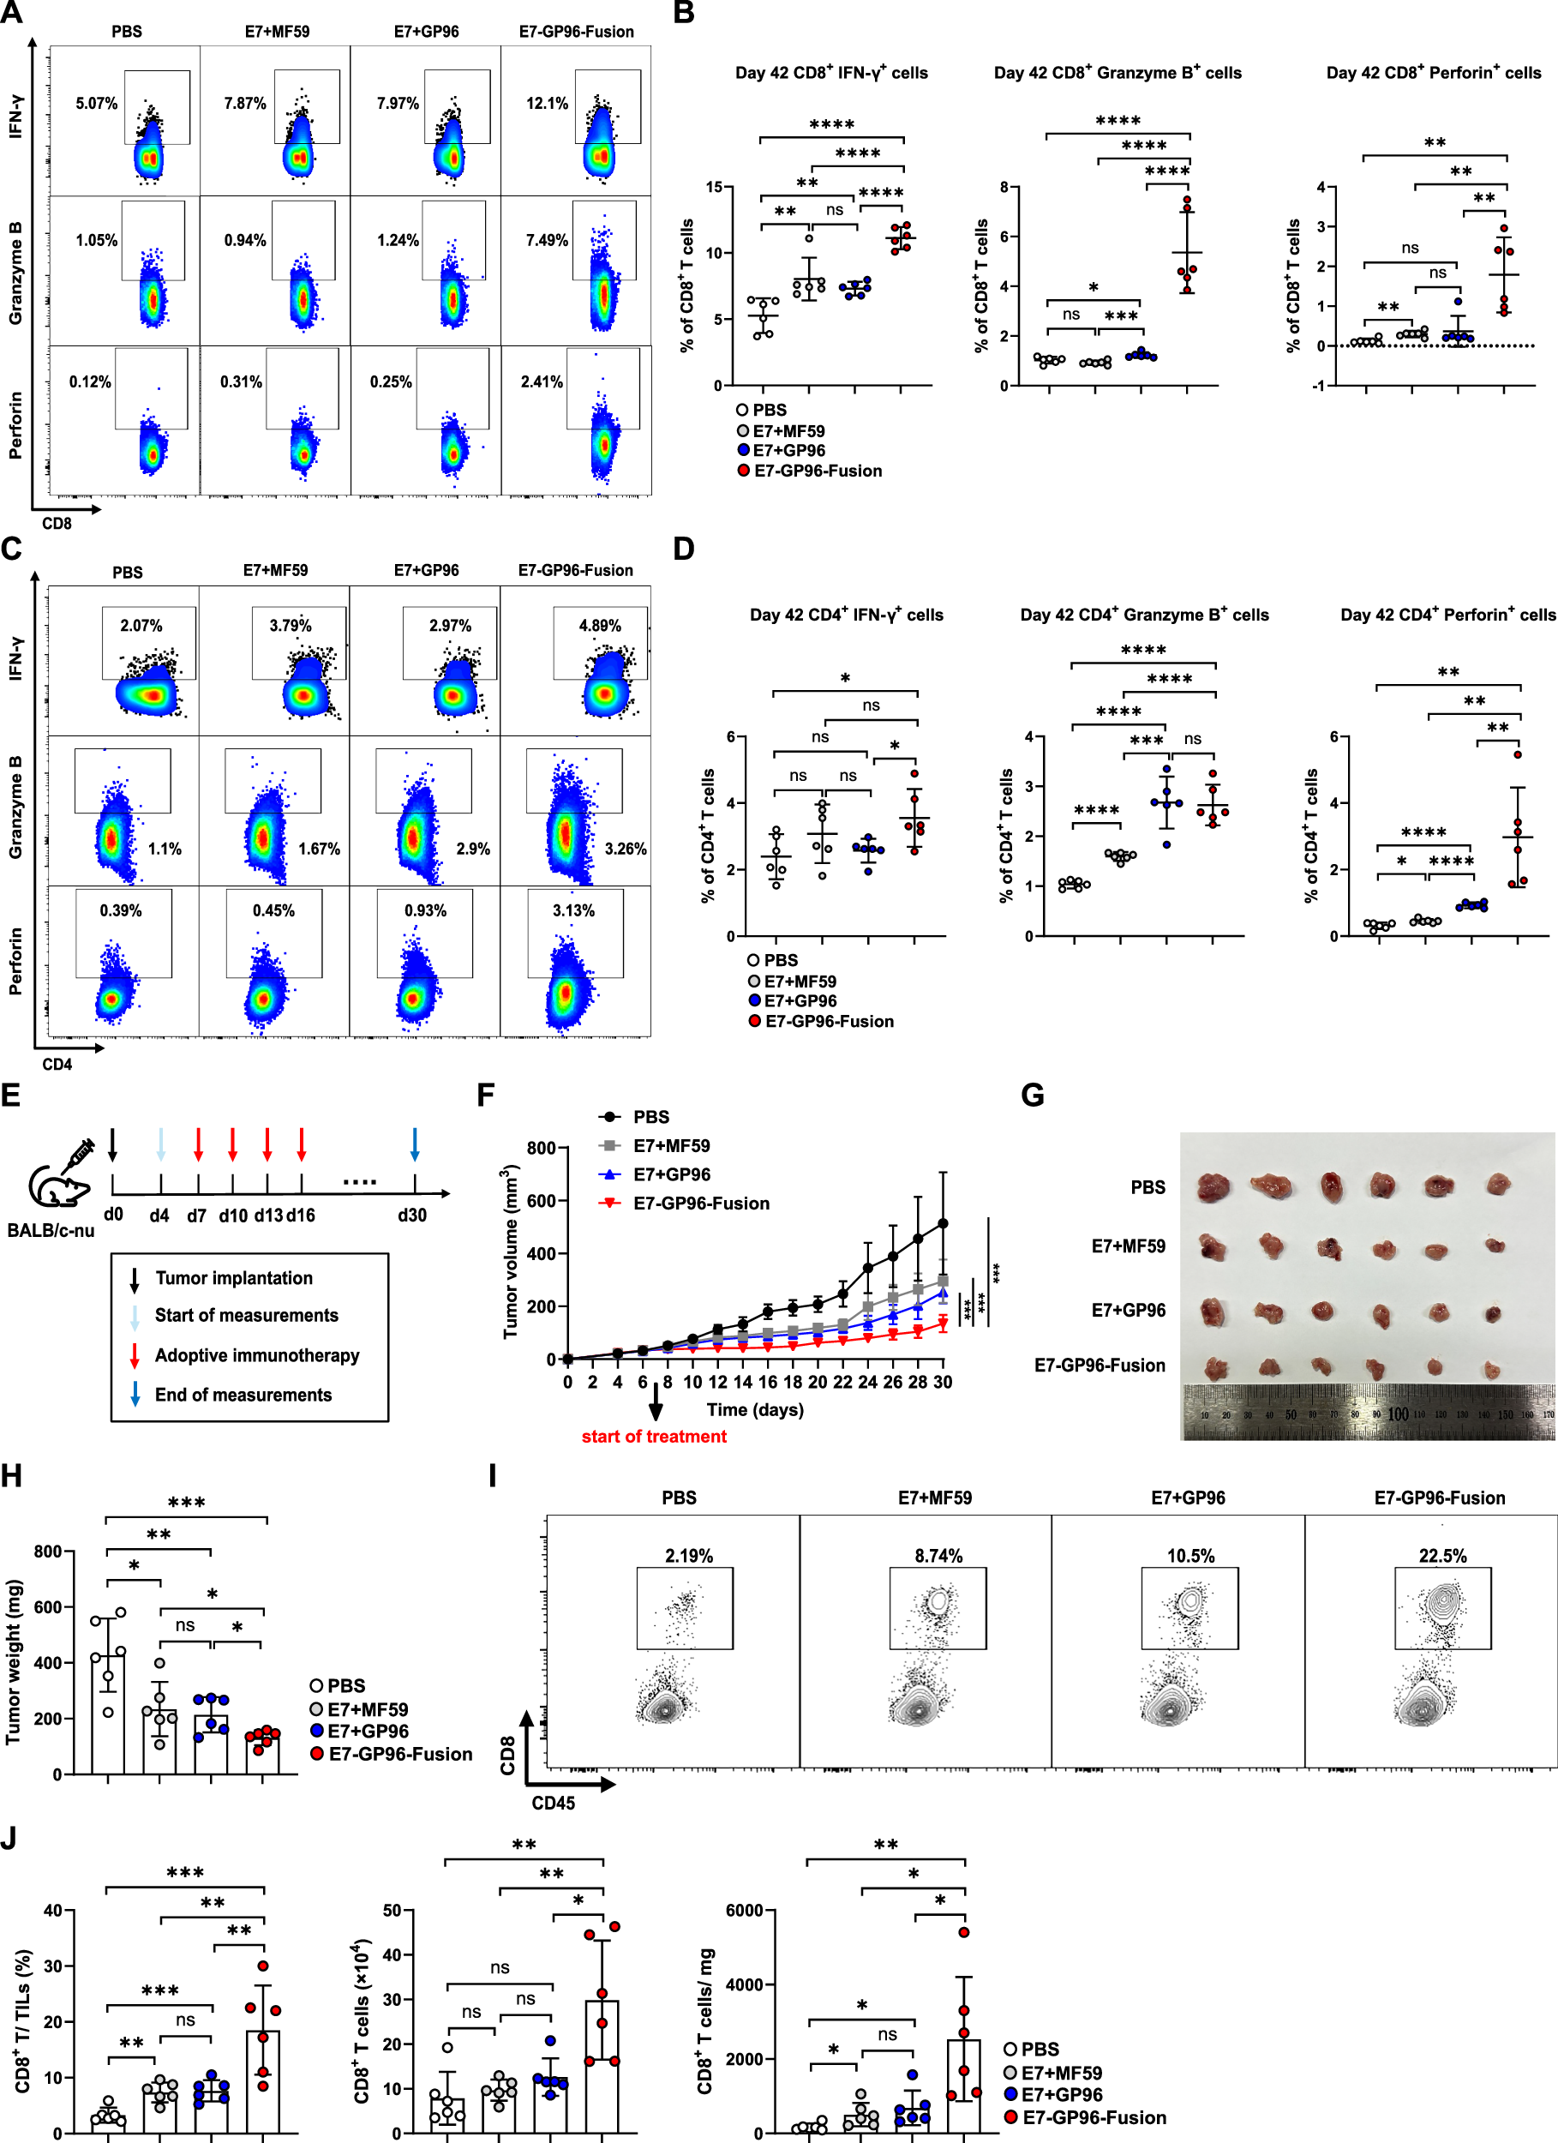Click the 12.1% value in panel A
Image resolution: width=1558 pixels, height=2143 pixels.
[547, 103]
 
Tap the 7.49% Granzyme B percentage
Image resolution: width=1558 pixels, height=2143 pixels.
[547, 241]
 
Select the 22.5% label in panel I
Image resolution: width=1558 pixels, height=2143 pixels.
[1441, 1556]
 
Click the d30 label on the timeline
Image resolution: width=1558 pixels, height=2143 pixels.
[412, 1216]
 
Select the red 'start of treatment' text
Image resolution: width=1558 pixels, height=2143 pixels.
[654, 1438]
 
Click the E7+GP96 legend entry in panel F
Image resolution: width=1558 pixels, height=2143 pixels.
[671, 1174]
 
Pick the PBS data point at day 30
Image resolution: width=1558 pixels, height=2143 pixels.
[942, 1223]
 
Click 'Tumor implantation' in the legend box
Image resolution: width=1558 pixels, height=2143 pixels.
[233, 1278]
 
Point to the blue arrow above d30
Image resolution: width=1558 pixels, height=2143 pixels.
[415, 1144]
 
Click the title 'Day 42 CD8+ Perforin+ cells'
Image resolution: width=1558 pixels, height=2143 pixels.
[1432, 73]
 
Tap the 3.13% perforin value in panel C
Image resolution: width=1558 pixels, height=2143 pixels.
[573, 911]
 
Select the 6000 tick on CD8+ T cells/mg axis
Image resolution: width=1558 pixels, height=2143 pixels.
[744, 1911]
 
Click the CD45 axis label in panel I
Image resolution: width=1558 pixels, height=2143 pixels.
[553, 1803]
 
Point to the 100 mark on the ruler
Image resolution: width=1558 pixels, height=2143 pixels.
[1398, 1414]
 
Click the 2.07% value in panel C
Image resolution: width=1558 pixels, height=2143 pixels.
[141, 626]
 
